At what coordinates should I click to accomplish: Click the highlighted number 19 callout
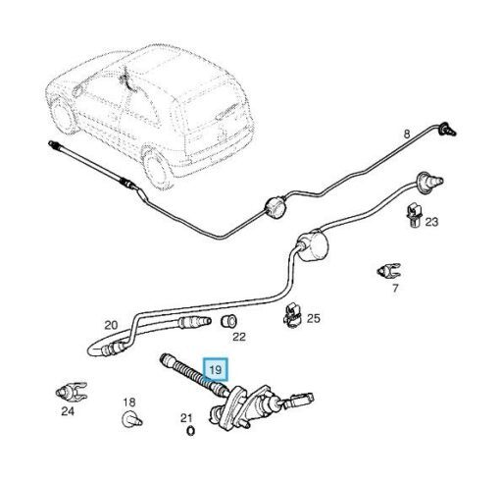(216, 369)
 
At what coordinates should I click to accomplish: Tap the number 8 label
(406, 134)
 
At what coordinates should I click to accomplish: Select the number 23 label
(431, 222)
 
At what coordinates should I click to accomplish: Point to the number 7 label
(395, 289)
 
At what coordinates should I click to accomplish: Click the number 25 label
(314, 318)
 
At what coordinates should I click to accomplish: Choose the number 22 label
(239, 337)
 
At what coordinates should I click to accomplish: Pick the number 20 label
(111, 325)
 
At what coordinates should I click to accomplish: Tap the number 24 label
(68, 411)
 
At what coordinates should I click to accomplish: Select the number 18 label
(129, 402)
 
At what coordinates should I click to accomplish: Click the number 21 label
(186, 418)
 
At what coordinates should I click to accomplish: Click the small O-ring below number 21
(190, 431)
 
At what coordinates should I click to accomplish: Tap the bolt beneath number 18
(131, 420)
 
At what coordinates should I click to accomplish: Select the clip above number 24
(72, 392)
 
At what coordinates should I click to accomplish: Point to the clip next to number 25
(292, 316)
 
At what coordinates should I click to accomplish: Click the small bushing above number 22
(228, 320)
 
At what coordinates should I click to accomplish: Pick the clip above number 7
(388, 271)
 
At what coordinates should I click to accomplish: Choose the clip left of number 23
(414, 216)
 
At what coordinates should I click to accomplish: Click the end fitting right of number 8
(447, 129)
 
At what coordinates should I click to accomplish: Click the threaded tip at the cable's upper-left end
(53, 145)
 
